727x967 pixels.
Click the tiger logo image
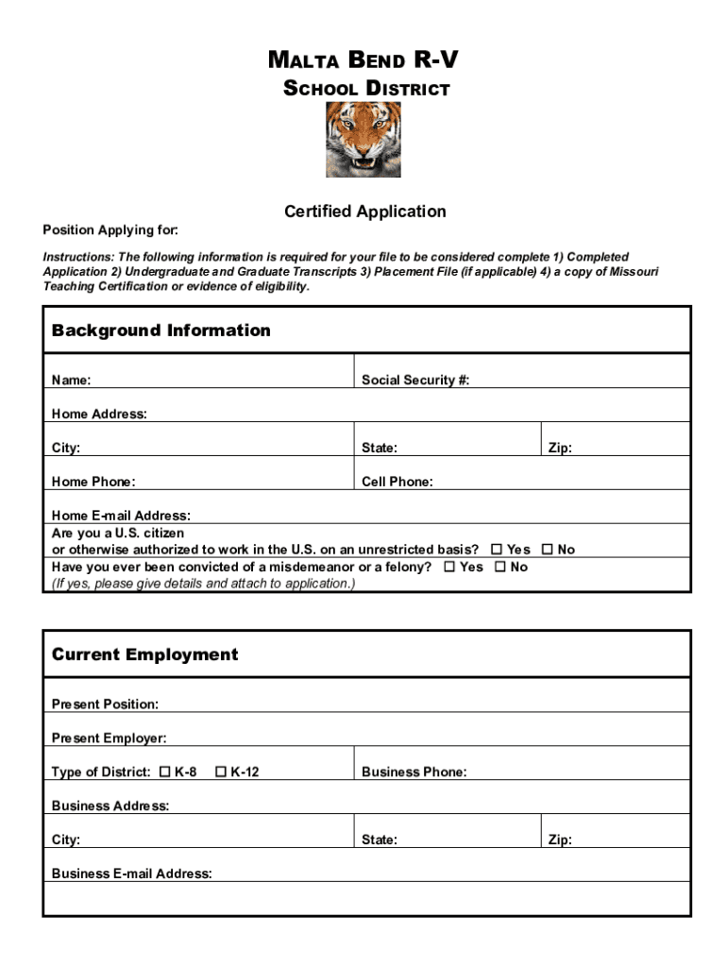pyautogui.click(x=363, y=140)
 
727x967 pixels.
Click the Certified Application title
pyautogui.click(x=365, y=212)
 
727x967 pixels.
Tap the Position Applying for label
pyautogui.click(x=110, y=230)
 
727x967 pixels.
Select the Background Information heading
pyautogui.click(x=161, y=331)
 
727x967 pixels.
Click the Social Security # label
pyautogui.click(x=415, y=381)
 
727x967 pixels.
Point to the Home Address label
pyautogui.click(x=99, y=415)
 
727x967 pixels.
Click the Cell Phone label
pyautogui.click(x=397, y=483)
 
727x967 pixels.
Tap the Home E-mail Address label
pyautogui.click(x=121, y=516)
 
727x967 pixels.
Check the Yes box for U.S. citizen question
pyautogui.click(x=497, y=550)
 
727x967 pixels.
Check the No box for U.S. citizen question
pyautogui.click(x=547, y=550)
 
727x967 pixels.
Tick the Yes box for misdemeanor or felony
pyautogui.click(x=449, y=567)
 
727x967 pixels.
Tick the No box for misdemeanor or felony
pyautogui.click(x=499, y=567)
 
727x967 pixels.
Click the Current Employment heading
pyautogui.click(x=144, y=655)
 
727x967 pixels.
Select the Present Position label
pyautogui.click(x=105, y=704)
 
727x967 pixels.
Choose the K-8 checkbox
pyautogui.click(x=165, y=772)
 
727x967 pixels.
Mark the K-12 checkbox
pyautogui.click(x=221, y=772)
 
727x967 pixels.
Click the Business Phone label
pyautogui.click(x=414, y=772)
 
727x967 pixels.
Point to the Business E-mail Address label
pyautogui.click(x=131, y=874)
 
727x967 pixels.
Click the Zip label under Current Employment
pyautogui.click(x=560, y=840)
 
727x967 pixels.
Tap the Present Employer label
pyautogui.click(x=109, y=738)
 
